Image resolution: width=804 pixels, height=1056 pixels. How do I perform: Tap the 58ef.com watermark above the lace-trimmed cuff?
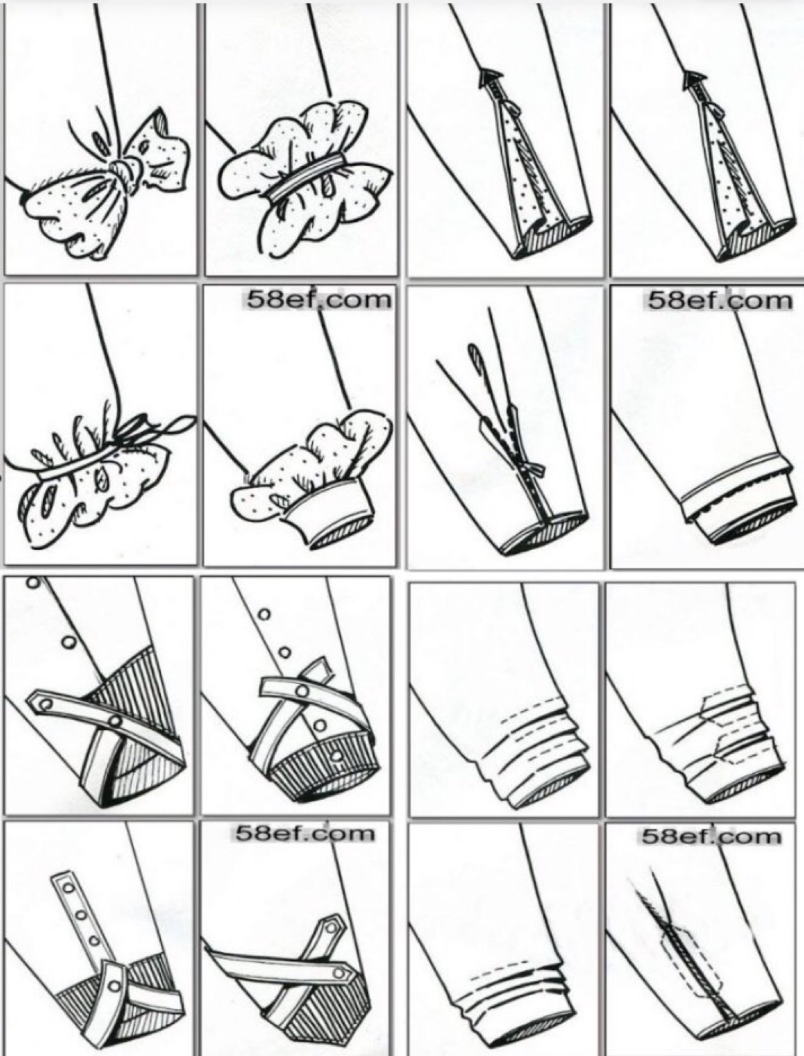719,302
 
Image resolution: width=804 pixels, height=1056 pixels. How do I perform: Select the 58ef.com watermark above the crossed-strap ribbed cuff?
304,832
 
